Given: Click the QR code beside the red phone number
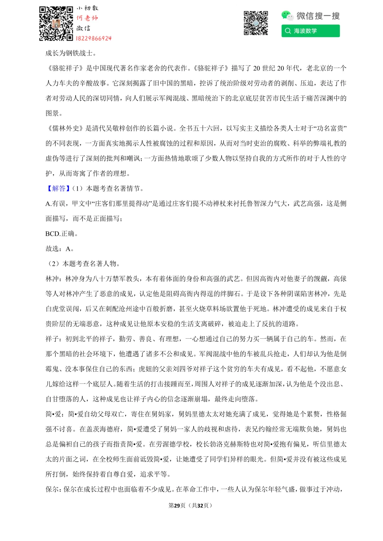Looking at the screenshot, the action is click(56, 23).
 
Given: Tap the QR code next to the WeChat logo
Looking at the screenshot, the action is click(256, 23).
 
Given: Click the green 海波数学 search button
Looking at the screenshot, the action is click(310, 31).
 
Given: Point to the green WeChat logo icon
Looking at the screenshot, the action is click(287, 15).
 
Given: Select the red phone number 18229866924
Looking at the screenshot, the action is click(94, 38).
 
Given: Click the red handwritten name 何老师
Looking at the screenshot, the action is click(87, 18).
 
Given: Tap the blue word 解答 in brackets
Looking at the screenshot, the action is click(59, 188).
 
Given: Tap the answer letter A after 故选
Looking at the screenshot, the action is click(68, 249).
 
